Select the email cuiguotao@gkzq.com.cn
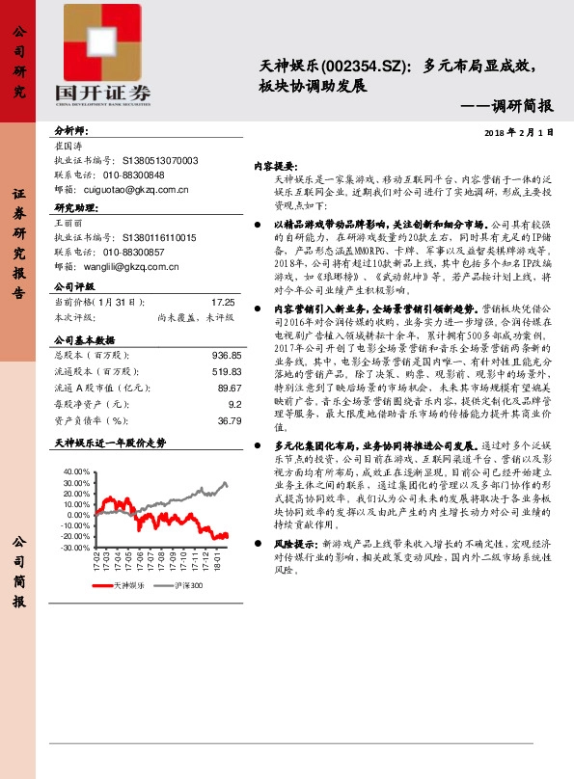click(x=143, y=191)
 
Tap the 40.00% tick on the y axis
click(x=71, y=471)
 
